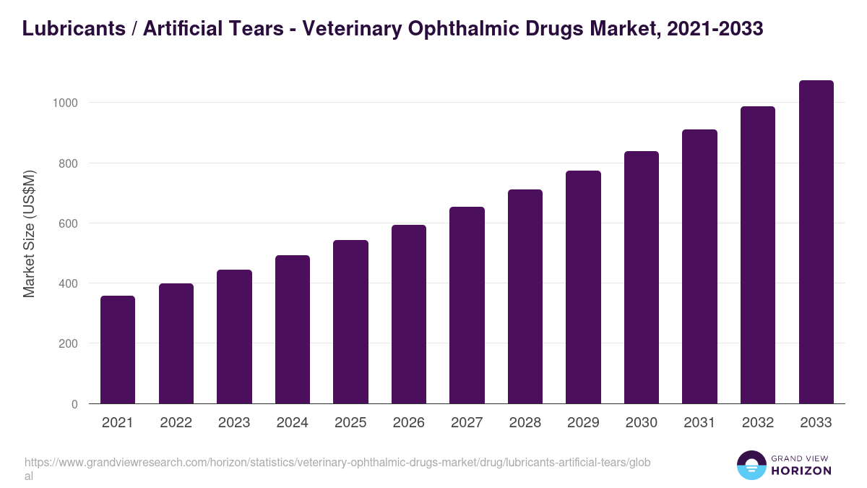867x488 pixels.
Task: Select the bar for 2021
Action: pyautogui.click(x=118, y=350)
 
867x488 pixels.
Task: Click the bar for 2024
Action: pyautogui.click(x=293, y=330)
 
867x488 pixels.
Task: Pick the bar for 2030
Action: pyautogui.click(x=642, y=278)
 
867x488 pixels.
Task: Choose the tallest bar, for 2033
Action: pyautogui.click(x=816, y=242)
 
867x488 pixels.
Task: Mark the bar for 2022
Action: pyautogui.click(x=176, y=343)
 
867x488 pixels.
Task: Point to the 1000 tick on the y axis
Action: pyautogui.click(x=65, y=103)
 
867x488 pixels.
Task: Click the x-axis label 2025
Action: pyautogui.click(x=350, y=423)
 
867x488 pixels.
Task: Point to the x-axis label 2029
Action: pyautogui.click(x=583, y=423)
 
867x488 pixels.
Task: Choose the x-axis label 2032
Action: pyautogui.click(x=758, y=423)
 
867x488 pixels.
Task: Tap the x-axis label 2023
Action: pyautogui.click(x=234, y=423)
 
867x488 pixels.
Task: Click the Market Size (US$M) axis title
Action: pyautogui.click(x=29, y=234)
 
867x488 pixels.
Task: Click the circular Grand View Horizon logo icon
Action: pyautogui.click(x=751, y=465)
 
